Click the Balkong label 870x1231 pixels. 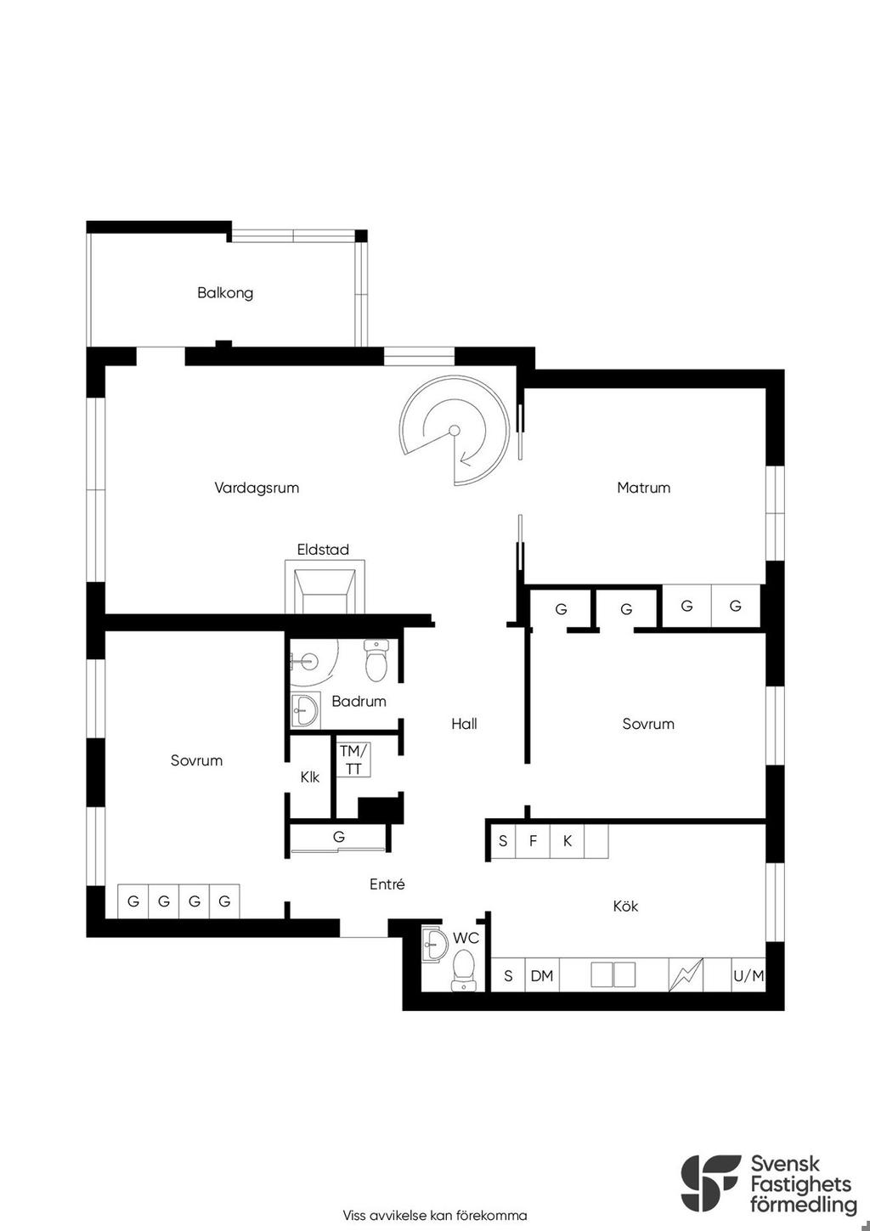click(x=225, y=292)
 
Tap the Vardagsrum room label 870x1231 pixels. click(x=257, y=488)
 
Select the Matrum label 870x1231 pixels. click(x=643, y=488)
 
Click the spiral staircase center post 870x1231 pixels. click(x=454, y=431)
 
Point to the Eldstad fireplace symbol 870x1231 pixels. click(x=325, y=586)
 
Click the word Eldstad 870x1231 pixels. click(x=323, y=549)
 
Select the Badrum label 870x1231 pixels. click(x=359, y=701)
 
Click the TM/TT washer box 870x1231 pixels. click(x=353, y=759)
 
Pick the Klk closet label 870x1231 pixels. click(x=310, y=777)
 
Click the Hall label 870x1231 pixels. click(x=464, y=724)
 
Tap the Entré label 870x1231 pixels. click(x=387, y=884)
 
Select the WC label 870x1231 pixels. click(x=466, y=938)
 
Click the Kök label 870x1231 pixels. click(x=625, y=906)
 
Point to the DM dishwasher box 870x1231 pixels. click(x=542, y=975)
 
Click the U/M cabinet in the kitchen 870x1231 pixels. click(x=749, y=975)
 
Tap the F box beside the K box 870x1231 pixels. click(x=533, y=840)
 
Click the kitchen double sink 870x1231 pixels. click(x=613, y=974)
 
